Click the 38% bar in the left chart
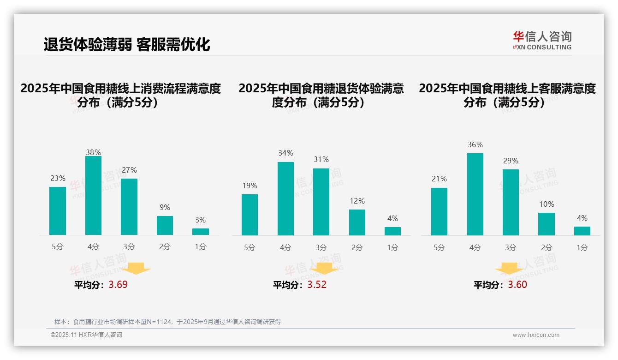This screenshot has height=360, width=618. (x=93, y=196)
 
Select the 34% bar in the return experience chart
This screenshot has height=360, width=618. (x=285, y=198)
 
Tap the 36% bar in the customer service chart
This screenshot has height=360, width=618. (x=475, y=194)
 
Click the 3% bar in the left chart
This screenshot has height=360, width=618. (x=201, y=232)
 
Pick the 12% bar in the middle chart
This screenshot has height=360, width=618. (x=357, y=222)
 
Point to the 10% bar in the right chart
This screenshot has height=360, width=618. (x=547, y=224)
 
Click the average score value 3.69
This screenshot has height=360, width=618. (x=118, y=285)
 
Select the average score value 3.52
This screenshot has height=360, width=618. (x=317, y=285)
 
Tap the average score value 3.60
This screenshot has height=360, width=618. (x=517, y=285)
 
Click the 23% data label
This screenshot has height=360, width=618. (x=58, y=179)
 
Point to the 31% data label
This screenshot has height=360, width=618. (x=321, y=160)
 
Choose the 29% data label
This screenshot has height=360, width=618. (x=511, y=161)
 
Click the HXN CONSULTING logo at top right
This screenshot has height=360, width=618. (x=542, y=41)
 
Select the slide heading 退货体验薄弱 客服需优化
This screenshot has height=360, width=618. (x=127, y=44)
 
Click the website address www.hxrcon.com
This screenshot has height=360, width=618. (x=536, y=335)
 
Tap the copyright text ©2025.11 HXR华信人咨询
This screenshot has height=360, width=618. (x=86, y=335)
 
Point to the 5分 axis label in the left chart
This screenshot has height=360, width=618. (x=58, y=247)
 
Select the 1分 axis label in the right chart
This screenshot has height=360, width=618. (x=582, y=248)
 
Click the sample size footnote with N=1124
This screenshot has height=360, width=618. (x=167, y=322)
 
